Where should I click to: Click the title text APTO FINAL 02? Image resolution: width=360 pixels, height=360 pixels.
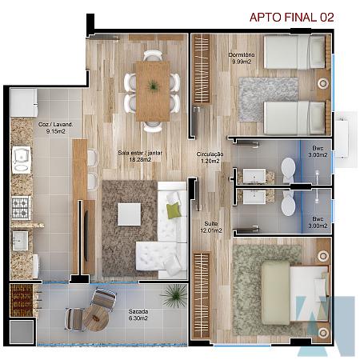tap(291, 18)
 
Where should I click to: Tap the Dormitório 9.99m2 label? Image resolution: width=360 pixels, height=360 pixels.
tap(242, 58)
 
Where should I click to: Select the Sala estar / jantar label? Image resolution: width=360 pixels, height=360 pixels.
tap(140, 153)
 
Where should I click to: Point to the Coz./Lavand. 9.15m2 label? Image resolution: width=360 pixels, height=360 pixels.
tap(55, 128)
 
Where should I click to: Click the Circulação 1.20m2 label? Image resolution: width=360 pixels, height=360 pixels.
tap(210, 158)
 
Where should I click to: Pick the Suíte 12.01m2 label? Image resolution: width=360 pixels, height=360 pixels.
tap(211, 227)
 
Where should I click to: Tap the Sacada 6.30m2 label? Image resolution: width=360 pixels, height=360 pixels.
tap(138, 314)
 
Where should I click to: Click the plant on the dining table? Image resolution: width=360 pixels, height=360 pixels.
tap(153, 86)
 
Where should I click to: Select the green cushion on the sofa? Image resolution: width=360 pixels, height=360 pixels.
tap(174, 210)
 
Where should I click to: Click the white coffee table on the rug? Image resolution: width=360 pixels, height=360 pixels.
tap(130, 214)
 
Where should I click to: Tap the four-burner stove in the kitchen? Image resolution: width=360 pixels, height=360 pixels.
tap(21, 208)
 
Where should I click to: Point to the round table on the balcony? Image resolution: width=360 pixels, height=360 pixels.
tap(95, 318)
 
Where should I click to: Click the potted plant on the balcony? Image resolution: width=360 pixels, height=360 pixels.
tap(174, 295)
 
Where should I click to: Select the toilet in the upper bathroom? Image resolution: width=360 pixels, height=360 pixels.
tap(288, 170)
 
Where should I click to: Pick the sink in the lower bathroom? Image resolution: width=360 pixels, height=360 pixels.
tap(254, 197)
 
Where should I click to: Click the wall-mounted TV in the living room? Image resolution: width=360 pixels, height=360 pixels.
tap(86, 235)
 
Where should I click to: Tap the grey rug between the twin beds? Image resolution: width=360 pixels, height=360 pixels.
tap(268, 99)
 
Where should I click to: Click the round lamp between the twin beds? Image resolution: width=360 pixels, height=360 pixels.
tap(322, 83)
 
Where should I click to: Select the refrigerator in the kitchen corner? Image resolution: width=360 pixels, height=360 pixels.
tap(23, 102)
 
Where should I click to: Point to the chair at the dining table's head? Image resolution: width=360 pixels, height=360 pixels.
tap(153, 55)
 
